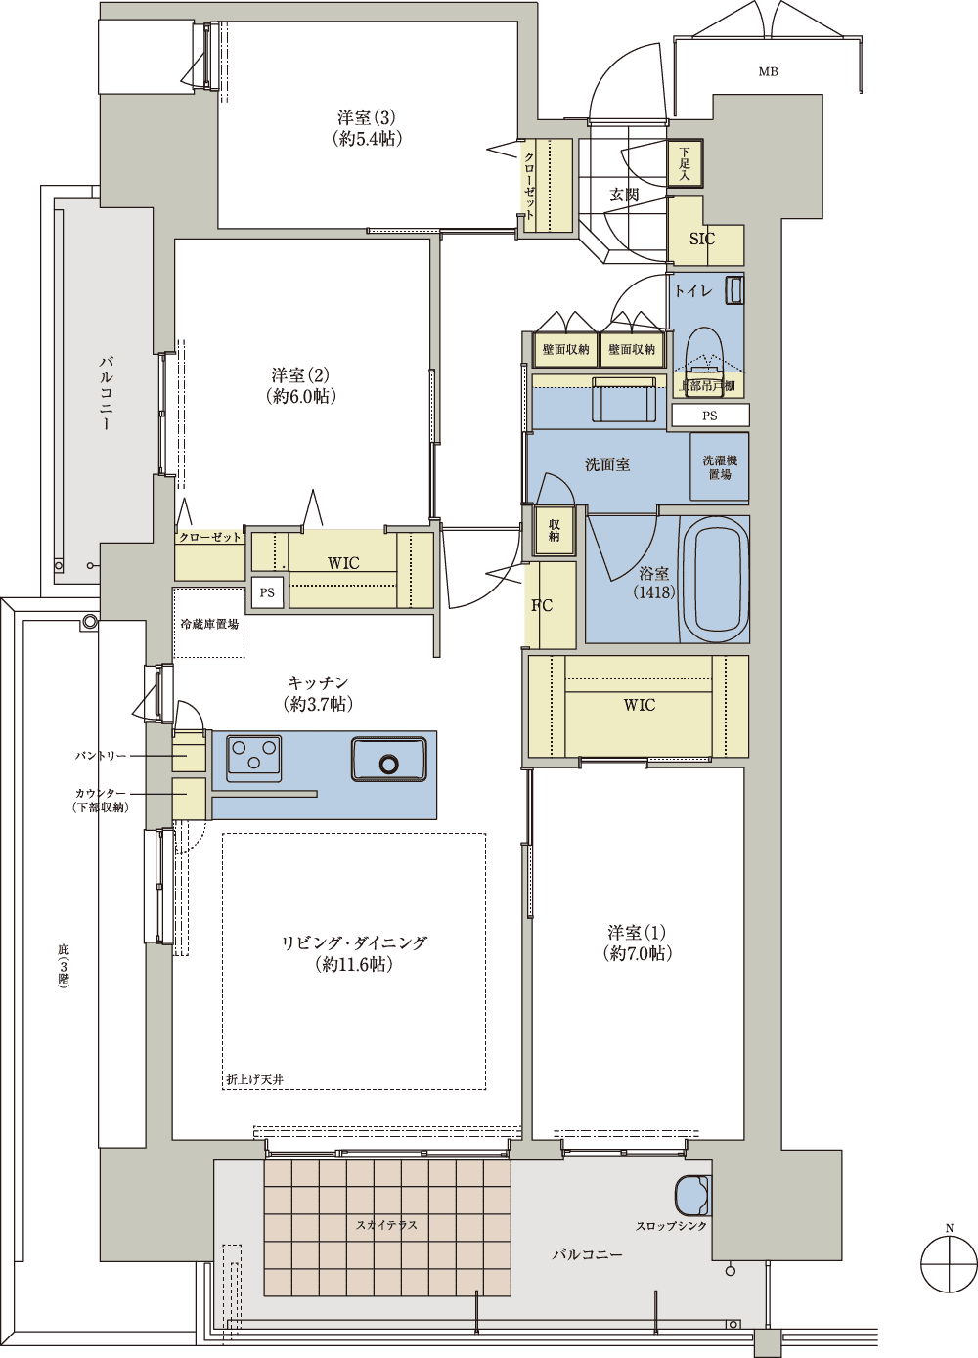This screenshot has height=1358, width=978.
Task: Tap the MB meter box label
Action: click(768, 72)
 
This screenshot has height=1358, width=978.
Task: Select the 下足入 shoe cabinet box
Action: click(686, 163)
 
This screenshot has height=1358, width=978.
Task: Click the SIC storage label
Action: click(702, 239)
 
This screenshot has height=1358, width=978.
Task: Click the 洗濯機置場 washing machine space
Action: click(720, 466)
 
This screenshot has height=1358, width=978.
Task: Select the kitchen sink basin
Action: click(388, 759)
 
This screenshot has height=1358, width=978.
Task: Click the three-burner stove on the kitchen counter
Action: click(254, 759)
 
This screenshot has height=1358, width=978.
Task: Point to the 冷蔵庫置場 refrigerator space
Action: click(209, 623)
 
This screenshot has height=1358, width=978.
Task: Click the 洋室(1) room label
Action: click(637, 945)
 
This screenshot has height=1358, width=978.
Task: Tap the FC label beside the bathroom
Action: click(542, 605)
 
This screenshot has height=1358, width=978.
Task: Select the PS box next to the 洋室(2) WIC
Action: click(267, 592)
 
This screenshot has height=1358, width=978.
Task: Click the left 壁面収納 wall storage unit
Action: click(565, 349)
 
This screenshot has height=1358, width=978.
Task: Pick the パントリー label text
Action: click(101, 756)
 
